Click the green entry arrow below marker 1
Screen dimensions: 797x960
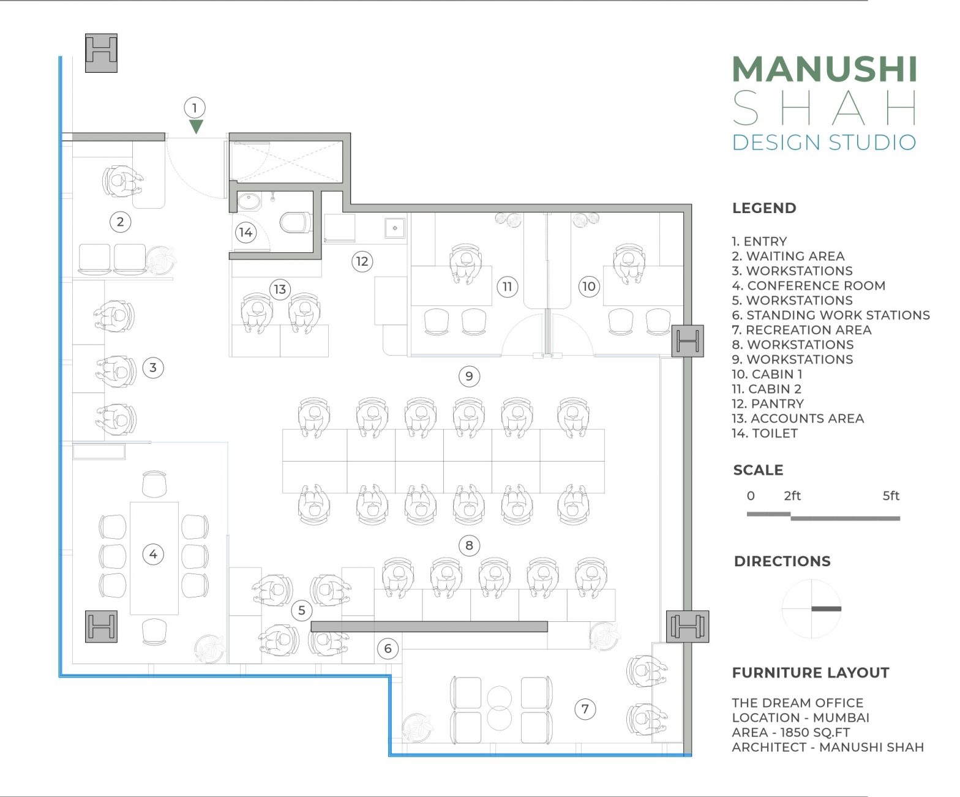click(195, 127)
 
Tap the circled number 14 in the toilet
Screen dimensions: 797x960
click(246, 232)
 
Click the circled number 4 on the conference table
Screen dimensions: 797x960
click(153, 555)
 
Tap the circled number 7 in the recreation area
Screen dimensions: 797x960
click(585, 709)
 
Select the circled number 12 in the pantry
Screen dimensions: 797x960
click(362, 261)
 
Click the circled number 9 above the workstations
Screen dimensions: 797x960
click(469, 376)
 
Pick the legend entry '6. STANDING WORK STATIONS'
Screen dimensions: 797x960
click(830, 315)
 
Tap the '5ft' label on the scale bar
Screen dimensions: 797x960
click(890, 496)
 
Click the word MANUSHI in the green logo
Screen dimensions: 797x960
click(824, 69)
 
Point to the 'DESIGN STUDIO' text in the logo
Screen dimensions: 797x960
click(823, 142)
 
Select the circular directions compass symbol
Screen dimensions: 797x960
click(812, 608)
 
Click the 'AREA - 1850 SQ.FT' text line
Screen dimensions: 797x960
click(790, 732)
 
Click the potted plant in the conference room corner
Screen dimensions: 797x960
click(209, 649)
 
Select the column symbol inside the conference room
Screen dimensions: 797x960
click(101, 627)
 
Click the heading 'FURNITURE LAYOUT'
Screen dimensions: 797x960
click(810, 673)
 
